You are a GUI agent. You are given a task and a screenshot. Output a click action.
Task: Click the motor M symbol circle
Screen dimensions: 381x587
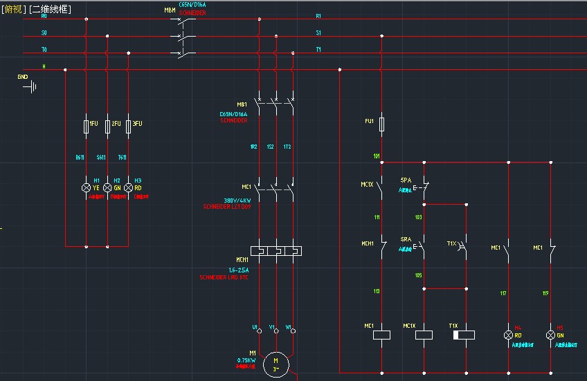tap(276, 362)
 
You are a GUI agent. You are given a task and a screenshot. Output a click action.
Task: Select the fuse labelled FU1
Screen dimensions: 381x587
tap(382, 122)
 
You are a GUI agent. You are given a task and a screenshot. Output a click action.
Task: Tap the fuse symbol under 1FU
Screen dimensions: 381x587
tap(86, 126)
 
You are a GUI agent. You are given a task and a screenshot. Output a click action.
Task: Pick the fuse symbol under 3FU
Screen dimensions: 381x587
tap(128, 126)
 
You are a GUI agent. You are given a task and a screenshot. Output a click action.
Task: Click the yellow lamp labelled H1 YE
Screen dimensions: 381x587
tap(86, 187)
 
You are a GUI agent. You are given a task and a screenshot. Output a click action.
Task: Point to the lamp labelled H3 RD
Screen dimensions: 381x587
tap(128, 187)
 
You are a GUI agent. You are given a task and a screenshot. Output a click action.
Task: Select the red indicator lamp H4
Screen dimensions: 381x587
tap(509, 335)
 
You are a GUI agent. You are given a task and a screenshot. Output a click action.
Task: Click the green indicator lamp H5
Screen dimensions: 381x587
tap(551, 335)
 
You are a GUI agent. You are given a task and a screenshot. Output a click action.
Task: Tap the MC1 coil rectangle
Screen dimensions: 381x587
tap(382, 335)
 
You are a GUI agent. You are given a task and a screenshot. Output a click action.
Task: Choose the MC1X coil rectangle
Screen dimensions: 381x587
tap(424, 335)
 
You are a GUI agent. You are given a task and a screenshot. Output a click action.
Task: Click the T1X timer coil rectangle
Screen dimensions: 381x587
tap(464, 335)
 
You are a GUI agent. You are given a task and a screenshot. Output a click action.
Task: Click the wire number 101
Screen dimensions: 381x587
tap(377, 156)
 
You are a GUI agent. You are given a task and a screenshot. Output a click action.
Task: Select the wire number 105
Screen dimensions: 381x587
tap(418, 275)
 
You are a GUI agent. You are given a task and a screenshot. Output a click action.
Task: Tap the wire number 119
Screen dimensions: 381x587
tap(545, 293)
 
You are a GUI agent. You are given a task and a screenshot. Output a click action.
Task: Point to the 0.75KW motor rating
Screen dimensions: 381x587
tap(246, 360)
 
